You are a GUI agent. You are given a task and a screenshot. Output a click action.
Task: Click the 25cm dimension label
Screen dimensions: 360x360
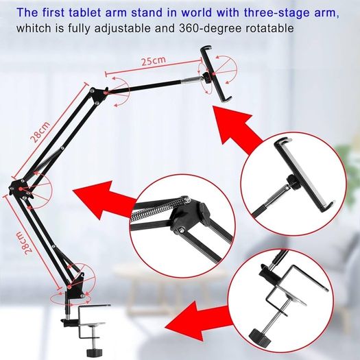pos(153,61)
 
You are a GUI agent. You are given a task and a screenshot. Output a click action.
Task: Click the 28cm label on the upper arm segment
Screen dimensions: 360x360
pos(40,132)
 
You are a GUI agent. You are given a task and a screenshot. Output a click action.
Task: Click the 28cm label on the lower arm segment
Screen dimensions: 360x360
pos(23,243)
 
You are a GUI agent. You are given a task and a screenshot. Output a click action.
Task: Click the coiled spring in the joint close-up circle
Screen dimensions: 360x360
pos(158,209)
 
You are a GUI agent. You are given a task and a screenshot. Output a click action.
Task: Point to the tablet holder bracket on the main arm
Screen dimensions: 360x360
pos(216,73)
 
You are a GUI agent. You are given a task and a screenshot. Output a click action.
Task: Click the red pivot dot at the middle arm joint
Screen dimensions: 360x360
pos(21,189)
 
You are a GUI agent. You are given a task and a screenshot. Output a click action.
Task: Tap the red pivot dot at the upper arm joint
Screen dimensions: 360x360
pos(105,93)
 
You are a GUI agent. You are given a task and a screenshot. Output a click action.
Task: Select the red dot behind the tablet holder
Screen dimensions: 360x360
pos(214,74)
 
